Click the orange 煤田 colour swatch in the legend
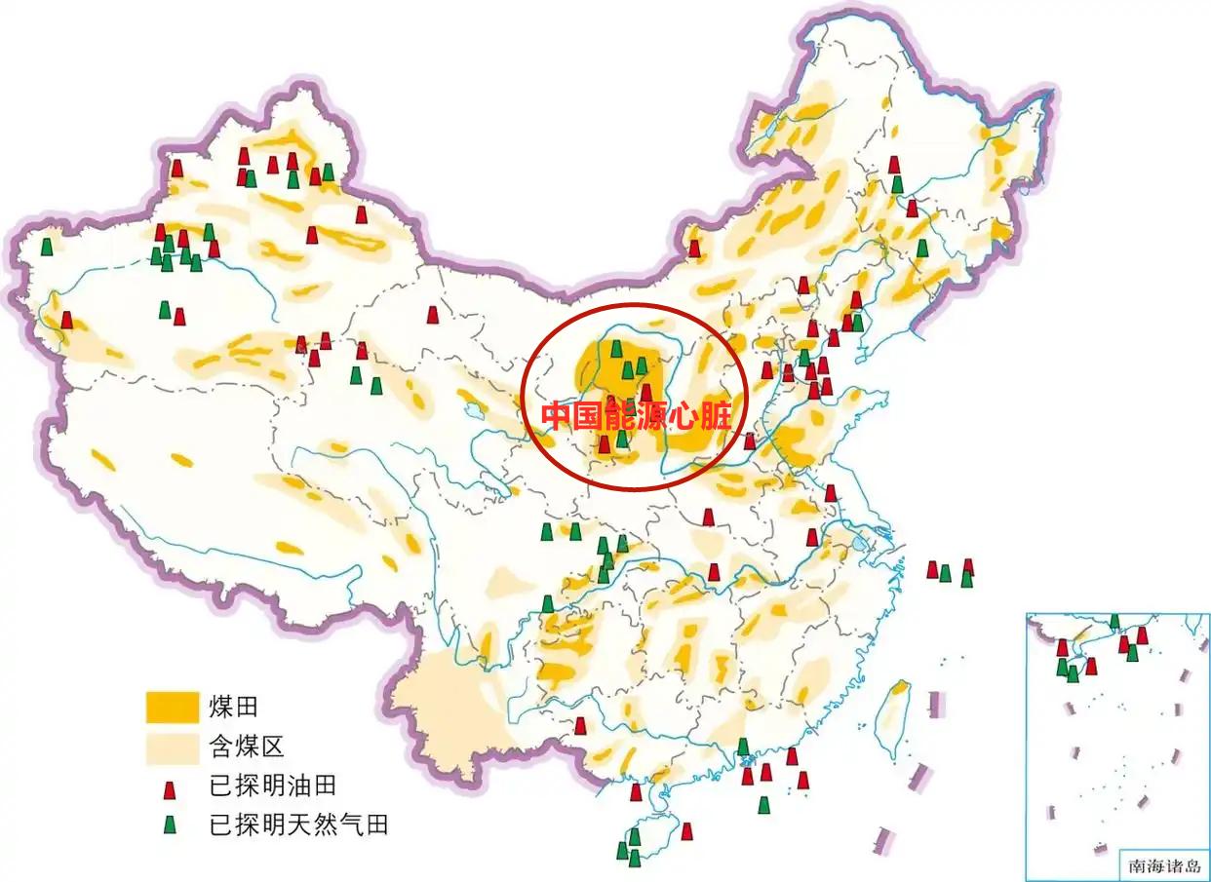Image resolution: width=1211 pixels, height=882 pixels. [171, 708]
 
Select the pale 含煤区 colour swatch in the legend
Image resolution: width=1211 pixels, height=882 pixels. [171, 748]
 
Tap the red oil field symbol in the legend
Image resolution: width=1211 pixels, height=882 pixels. [171, 787]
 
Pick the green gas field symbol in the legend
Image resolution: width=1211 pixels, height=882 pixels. [171, 825]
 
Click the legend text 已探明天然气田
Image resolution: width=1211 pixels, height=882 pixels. [299, 825]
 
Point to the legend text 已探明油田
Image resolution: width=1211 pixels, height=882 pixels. [273, 786]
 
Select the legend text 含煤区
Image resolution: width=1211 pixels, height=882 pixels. [246, 748]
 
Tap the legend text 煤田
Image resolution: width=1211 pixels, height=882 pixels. [233, 708]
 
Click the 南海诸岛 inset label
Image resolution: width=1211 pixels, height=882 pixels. [1164, 864]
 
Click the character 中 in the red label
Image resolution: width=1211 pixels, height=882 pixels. [557, 416]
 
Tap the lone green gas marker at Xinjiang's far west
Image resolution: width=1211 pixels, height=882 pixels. [46, 247]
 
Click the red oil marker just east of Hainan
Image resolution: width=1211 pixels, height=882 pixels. [686, 831]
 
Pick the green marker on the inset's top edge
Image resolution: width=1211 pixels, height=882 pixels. [1114, 622]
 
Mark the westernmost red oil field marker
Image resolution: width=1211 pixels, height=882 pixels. [66, 320]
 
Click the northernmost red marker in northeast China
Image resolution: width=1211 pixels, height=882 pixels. [894, 165]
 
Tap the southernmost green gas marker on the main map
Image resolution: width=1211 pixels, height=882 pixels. [634, 858]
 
